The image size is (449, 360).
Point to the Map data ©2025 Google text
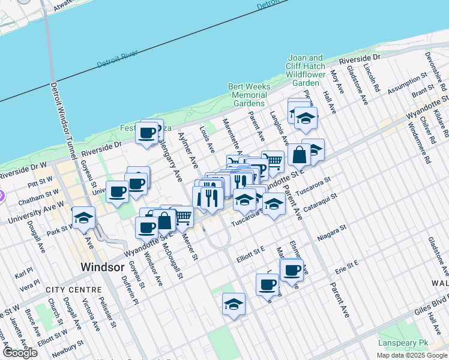tap(411, 355)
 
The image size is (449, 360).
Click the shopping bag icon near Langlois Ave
tap(298, 155)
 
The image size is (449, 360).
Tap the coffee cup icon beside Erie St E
tap(292, 270)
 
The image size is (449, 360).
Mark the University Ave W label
tap(36, 213)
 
